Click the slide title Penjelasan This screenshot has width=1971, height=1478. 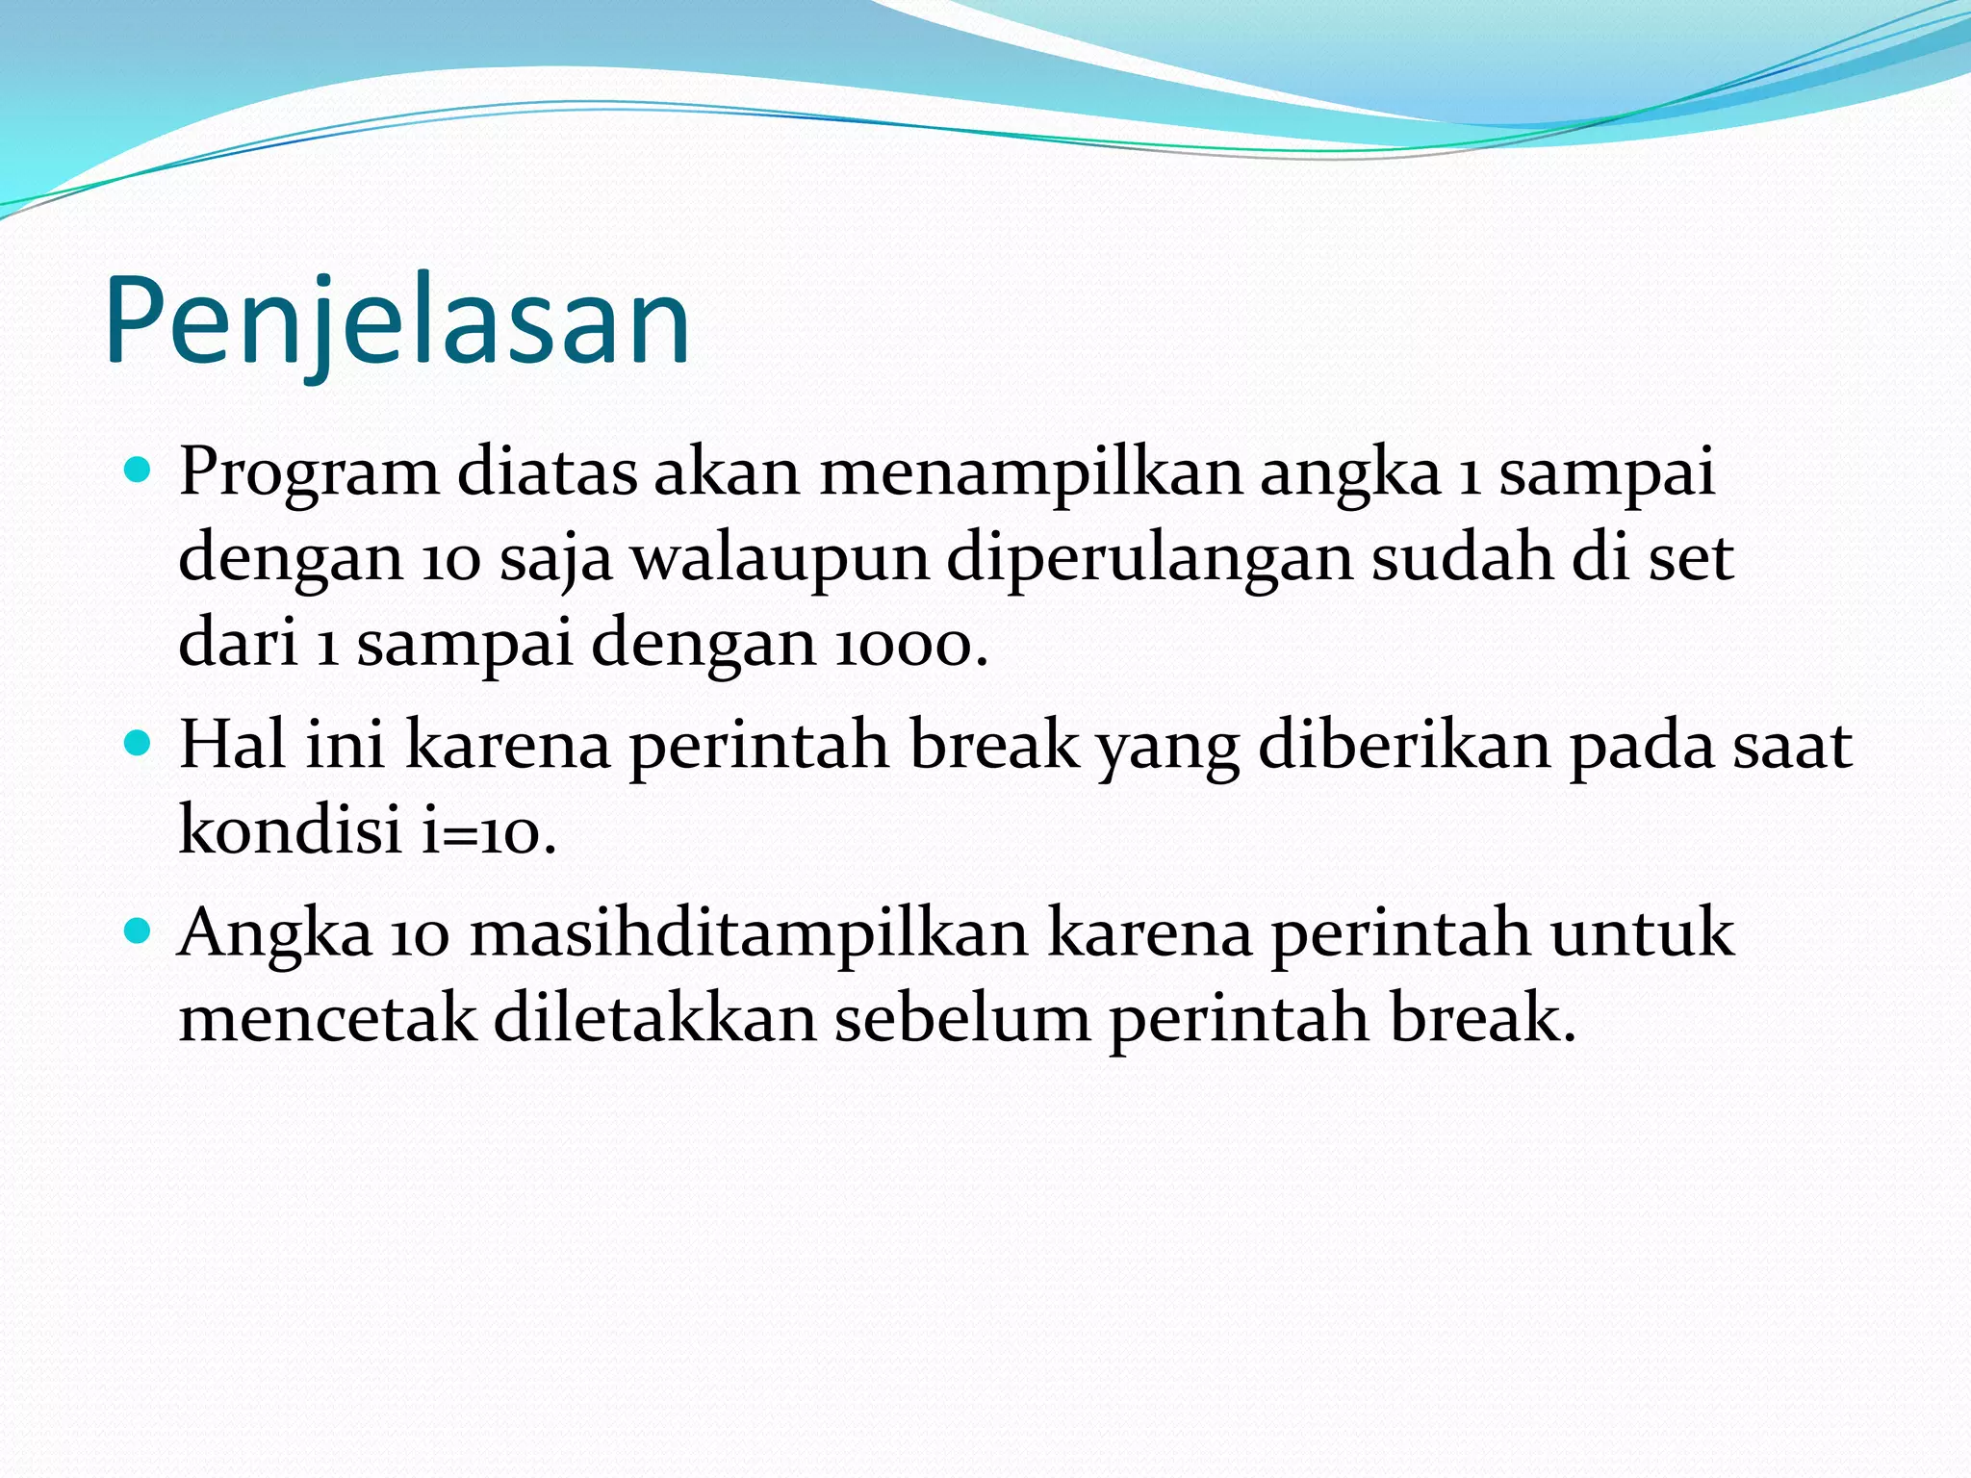(x=397, y=322)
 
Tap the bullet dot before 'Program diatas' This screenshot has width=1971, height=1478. (x=139, y=471)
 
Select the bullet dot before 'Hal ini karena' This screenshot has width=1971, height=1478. (x=139, y=744)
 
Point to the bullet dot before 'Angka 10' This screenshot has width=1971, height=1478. (x=139, y=930)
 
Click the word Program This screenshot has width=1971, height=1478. (x=308, y=474)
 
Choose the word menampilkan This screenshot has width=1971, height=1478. (x=1031, y=474)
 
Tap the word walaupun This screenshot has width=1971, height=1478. (x=780, y=559)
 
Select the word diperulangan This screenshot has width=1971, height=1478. (x=1150, y=559)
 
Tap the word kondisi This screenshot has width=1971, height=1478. (x=290, y=829)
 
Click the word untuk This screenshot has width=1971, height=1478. (x=1642, y=932)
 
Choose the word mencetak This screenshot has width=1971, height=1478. (x=327, y=1018)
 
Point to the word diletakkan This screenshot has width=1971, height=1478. (x=655, y=1018)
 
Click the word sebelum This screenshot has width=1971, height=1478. (x=961, y=1018)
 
